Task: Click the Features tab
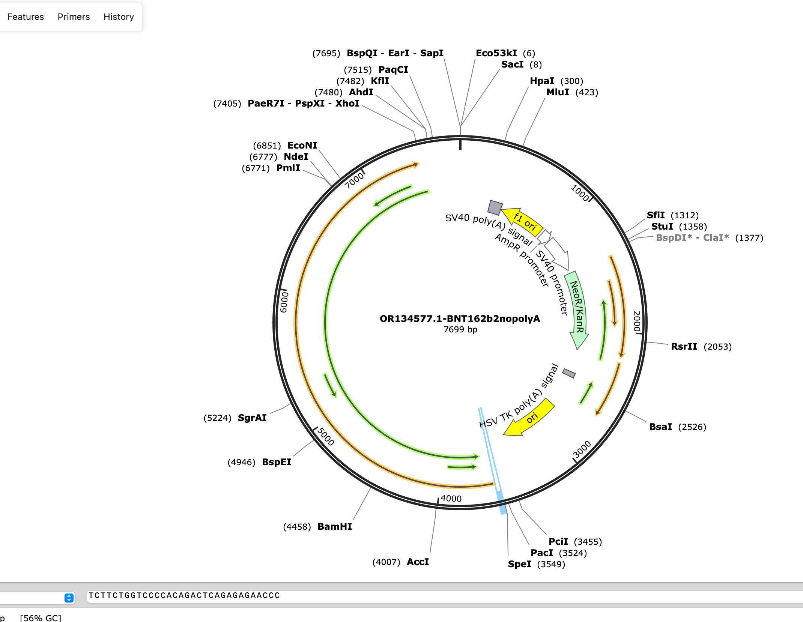[x=26, y=17]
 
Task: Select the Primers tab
[x=74, y=17]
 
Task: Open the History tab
[x=119, y=17]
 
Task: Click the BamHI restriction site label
[x=335, y=526]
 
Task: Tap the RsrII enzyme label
[x=684, y=346]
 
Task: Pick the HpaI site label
[x=542, y=81]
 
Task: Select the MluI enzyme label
[x=558, y=92]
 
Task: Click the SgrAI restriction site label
[x=252, y=418]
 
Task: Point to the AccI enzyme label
[x=418, y=562]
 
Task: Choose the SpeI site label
[x=519, y=564]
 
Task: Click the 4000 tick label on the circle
[x=451, y=498]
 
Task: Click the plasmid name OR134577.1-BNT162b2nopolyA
[x=460, y=319]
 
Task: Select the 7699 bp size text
[x=460, y=329]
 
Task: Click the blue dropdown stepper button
[x=69, y=598]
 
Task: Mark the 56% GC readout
[x=41, y=617]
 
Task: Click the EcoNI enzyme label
[x=302, y=145]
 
